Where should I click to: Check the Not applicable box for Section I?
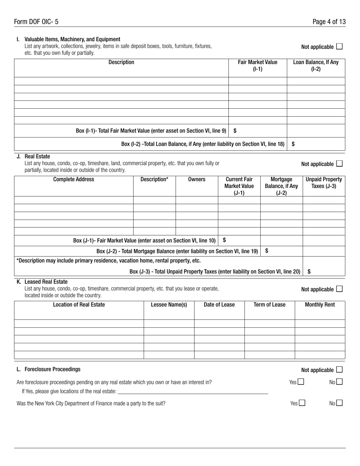point(339,47)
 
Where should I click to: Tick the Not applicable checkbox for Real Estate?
point(339,164)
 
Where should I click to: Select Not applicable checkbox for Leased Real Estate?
point(339,289)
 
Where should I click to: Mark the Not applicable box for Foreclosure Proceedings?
point(339,369)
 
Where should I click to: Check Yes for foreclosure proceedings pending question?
point(301,382)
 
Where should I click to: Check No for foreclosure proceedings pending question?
point(339,382)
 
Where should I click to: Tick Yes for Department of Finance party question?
point(302,403)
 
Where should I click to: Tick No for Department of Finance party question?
point(339,403)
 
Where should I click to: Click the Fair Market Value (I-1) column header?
point(258,66)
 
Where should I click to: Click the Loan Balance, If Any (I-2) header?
point(316,66)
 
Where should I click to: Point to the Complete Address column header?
point(74,179)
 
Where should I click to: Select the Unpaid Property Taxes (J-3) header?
point(324,183)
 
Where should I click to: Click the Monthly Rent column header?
point(320,305)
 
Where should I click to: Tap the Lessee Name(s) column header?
point(169,305)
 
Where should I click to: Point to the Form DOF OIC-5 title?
point(36,22)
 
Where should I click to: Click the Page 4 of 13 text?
point(329,22)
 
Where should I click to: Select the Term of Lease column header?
point(269,305)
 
